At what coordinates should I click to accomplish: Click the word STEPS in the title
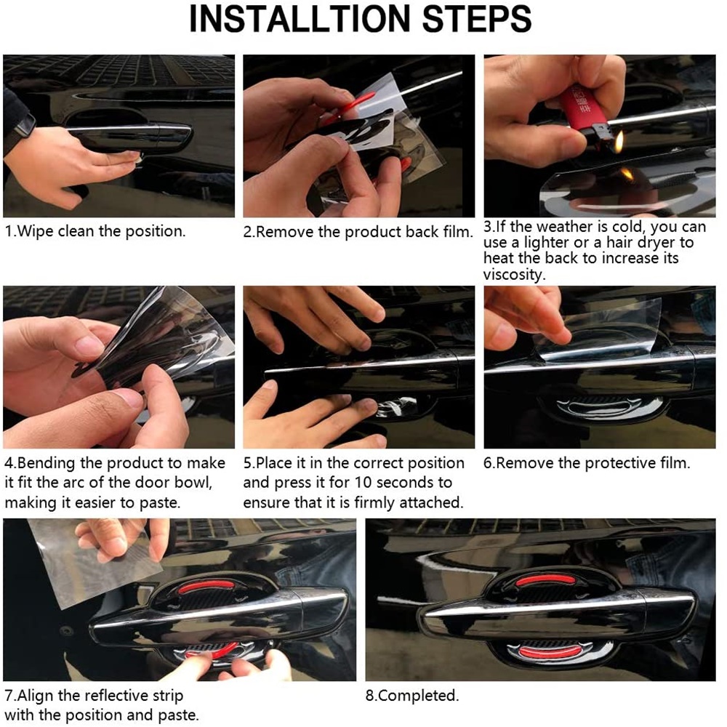[477, 19]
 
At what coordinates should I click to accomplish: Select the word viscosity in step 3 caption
[514, 275]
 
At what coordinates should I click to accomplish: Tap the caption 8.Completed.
[411, 696]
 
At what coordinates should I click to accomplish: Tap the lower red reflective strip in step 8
[549, 652]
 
